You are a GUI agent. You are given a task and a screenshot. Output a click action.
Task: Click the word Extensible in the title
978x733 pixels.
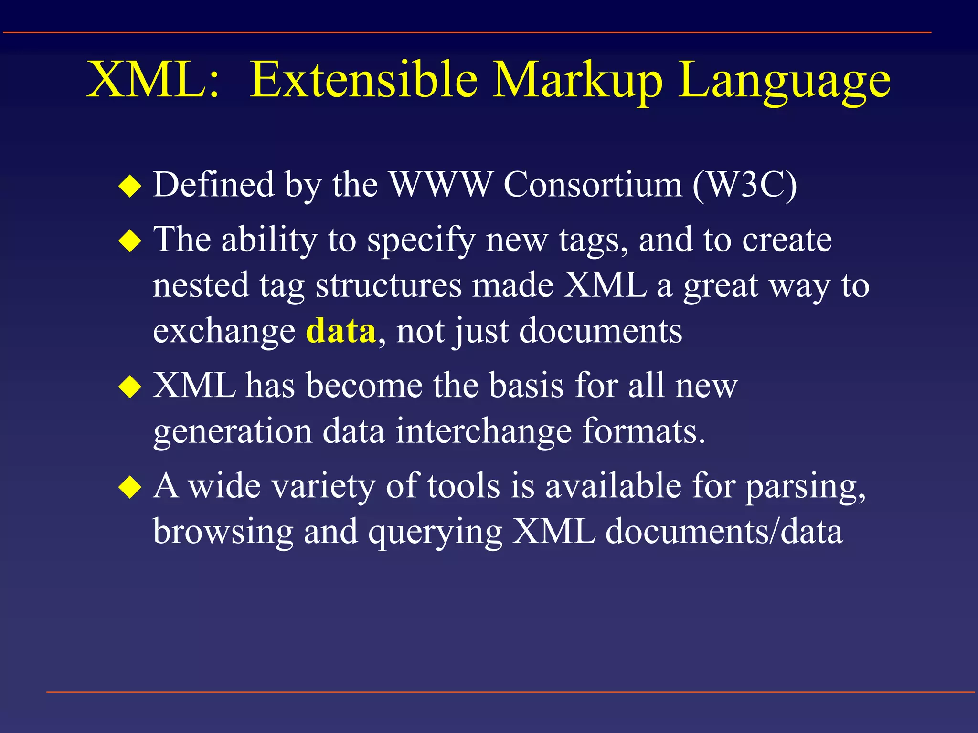coord(363,80)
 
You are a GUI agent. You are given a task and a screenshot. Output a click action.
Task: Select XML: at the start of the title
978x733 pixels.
coord(152,80)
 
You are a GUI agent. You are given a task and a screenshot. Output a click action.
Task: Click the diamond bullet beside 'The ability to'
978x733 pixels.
coord(130,241)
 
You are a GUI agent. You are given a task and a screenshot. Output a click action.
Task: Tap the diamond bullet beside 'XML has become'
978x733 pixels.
coord(130,387)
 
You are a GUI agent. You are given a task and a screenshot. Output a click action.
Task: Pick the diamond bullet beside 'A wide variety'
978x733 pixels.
coord(130,487)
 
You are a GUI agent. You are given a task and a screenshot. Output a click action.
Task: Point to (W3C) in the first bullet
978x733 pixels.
coord(745,185)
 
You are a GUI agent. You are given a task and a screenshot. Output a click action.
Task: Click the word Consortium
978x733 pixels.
coord(593,185)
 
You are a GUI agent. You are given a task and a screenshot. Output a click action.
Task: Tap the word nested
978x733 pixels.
coord(201,285)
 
